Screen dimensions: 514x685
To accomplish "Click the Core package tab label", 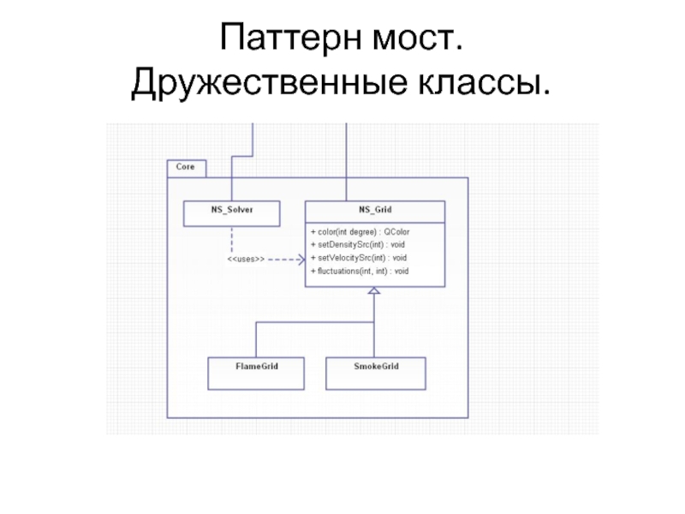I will click(185, 167).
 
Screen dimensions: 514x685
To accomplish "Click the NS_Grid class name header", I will click(375, 209).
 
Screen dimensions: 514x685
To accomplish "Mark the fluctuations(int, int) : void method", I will click(360, 271).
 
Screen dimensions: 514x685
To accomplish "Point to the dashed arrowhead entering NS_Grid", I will click(301, 258).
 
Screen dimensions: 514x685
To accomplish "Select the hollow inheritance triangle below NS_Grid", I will click(374, 292).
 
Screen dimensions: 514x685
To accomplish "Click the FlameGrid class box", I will click(257, 371).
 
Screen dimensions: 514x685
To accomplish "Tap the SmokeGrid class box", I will click(376, 371).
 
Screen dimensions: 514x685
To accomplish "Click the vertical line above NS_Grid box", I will click(345, 163).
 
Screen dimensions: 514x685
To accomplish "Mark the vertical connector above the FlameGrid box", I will click(257, 339).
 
